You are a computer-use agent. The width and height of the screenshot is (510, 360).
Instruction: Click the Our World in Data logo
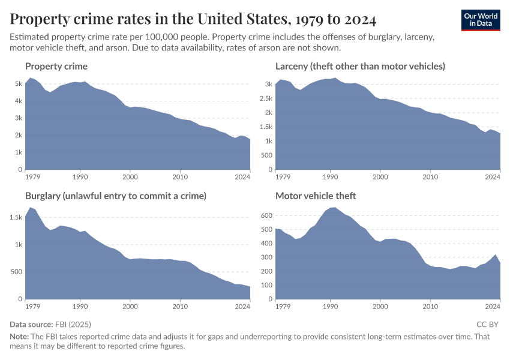click(x=481, y=20)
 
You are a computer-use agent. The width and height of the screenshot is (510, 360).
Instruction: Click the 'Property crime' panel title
click(x=56, y=66)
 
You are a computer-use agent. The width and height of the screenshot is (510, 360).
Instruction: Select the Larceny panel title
click(x=360, y=66)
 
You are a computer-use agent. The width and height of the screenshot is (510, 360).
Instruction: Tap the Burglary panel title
click(x=116, y=196)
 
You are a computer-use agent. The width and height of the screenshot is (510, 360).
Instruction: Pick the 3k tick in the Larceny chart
click(x=268, y=84)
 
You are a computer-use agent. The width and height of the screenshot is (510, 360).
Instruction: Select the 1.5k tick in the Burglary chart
click(x=15, y=217)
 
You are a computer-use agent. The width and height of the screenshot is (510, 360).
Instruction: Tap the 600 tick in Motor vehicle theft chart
click(x=266, y=215)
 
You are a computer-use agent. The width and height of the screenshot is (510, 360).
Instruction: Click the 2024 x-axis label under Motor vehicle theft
click(x=493, y=307)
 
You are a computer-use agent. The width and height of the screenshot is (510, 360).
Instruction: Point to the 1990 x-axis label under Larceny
click(x=330, y=178)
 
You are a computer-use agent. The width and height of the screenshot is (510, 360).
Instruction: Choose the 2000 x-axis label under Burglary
click(x=130, y=307)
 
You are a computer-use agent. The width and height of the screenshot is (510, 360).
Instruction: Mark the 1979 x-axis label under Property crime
click(x=33, y=178)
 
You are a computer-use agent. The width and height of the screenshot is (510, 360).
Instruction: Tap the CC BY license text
click(x=488, y=324)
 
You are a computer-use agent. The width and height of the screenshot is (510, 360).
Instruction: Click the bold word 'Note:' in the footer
click(x=20, y=337)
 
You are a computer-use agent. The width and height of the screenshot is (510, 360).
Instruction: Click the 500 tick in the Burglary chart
click(x=17, y=272)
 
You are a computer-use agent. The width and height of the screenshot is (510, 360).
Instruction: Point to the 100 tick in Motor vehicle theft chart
click(x=266, y=285)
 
